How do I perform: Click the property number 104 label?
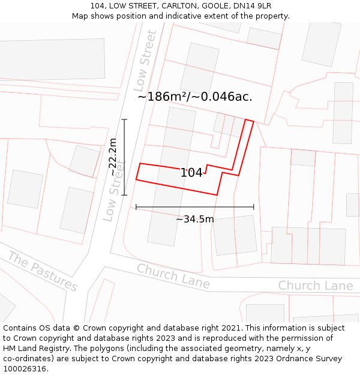191,173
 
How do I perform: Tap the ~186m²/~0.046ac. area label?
195,97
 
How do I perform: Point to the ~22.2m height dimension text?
113,157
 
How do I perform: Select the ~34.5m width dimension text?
194,219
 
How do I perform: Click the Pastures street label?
43,272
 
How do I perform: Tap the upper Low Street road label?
145,61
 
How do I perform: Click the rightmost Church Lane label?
315,286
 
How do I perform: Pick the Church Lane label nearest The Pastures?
173,276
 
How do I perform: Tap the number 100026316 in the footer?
25,369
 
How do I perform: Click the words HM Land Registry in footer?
36,349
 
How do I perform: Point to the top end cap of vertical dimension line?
124,119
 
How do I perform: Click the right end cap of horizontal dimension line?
254,207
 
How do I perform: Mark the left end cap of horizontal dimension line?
136,207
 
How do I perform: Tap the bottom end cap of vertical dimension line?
124,195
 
